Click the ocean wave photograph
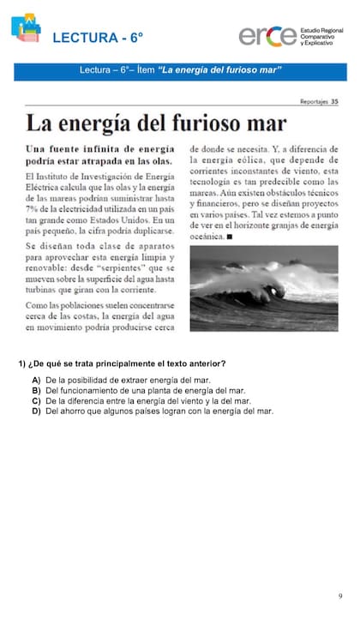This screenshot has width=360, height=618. pyautogui.click(x=263, y=290)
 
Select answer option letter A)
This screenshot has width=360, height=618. pyautogui.click(x=36, y=380)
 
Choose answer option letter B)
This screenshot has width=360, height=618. pyautogui.click(x=36, y=390)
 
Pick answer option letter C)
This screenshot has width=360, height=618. pyautogui.click(x=36, y=400)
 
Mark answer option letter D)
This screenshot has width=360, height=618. pyautogui.click(x=36, y=411)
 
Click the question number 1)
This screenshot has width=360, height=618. pyautogui.click(x=22, y=363)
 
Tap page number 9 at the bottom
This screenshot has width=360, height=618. pyautogui.click(x=339, y=595)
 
